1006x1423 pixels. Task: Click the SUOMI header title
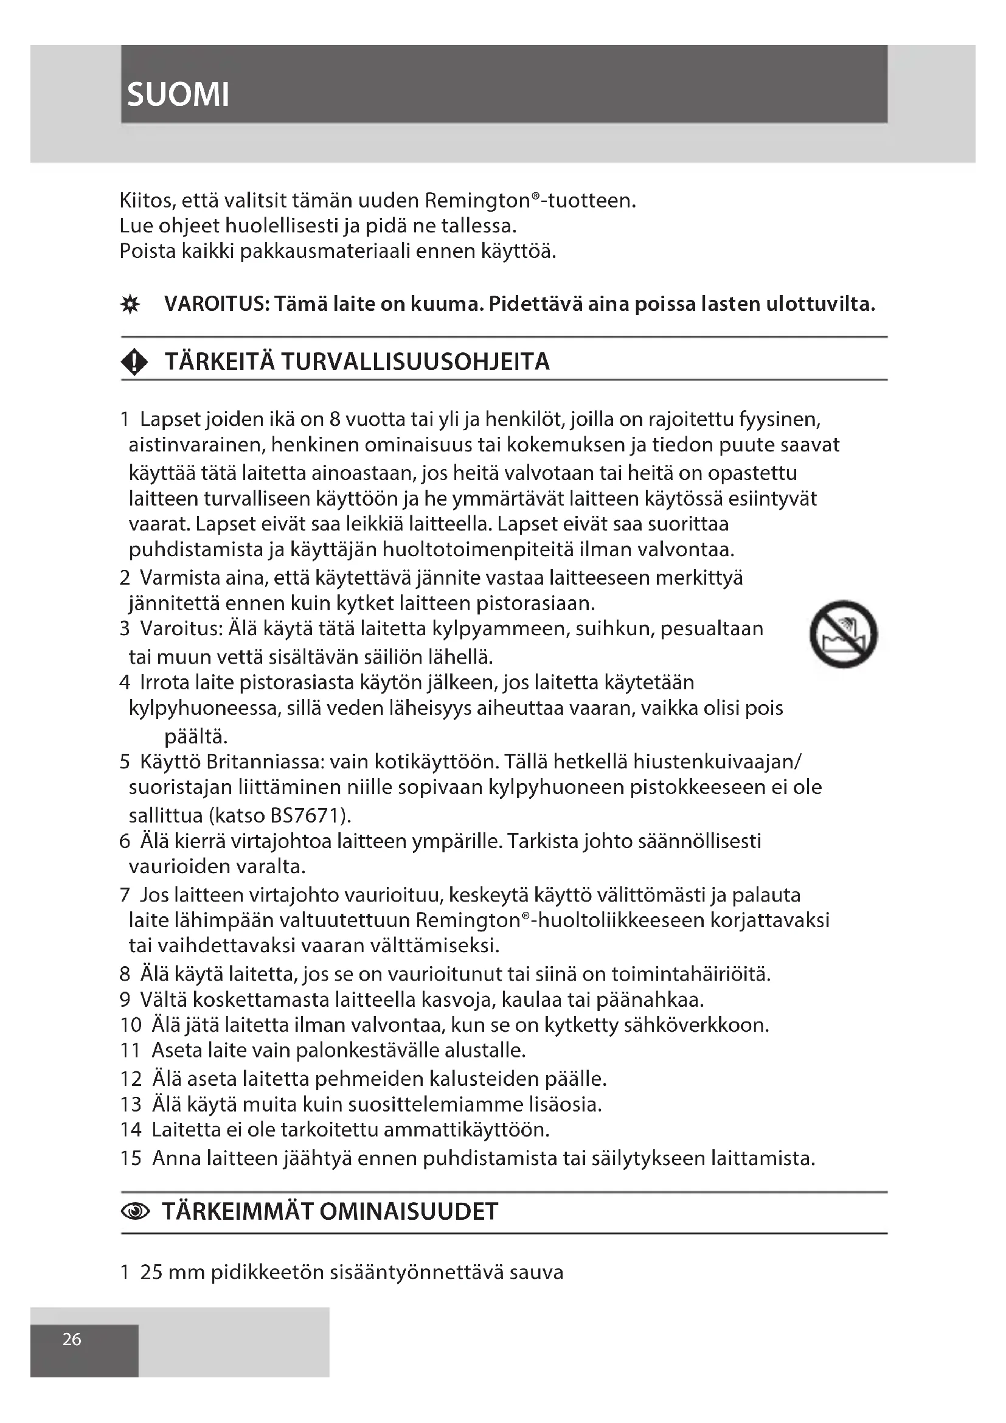178,95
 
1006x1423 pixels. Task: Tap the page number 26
72,1339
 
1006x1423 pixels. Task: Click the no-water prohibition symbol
843,634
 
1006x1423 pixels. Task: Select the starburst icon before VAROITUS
130,305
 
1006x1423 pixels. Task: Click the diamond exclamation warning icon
134,362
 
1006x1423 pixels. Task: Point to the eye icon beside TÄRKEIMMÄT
135,1211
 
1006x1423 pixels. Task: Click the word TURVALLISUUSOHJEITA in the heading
415,362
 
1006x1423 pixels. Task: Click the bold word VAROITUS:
216,304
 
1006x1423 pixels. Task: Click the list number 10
131,1025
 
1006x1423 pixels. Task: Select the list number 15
131,1158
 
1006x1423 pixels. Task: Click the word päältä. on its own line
196,737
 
